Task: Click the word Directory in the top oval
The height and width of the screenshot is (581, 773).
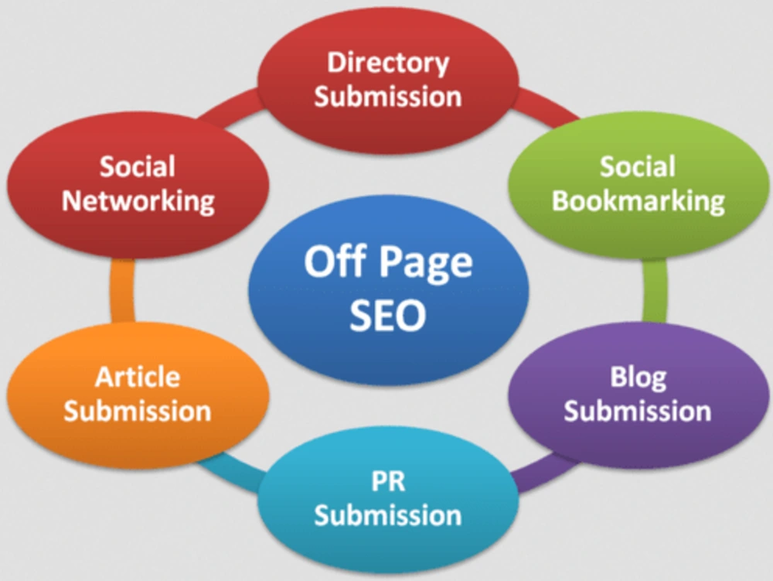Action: click(388, 64)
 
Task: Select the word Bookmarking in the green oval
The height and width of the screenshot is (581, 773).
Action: click(638, 201)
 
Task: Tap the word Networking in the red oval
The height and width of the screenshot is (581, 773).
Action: click(138, 201)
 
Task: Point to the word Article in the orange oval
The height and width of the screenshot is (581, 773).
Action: click(138, 378)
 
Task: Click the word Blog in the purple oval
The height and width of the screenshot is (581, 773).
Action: click(638, 378)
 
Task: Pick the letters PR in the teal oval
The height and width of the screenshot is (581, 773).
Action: click(388, 481)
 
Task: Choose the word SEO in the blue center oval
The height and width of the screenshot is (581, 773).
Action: click(387, 315)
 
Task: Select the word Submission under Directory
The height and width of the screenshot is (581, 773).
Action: click(388, 96)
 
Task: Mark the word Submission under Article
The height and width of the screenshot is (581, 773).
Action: click(138, 411)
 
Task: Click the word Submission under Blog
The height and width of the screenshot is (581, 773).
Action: click(638, 411)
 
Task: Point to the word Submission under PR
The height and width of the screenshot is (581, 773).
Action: click(388, 515)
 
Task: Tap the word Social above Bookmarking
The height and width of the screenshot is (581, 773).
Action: click(638, 166)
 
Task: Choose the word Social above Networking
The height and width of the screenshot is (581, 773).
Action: click(138, 166)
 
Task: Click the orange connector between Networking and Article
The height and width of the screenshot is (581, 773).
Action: click(122, 291)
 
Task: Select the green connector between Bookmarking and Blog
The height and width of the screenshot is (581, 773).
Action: click(656, 291)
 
